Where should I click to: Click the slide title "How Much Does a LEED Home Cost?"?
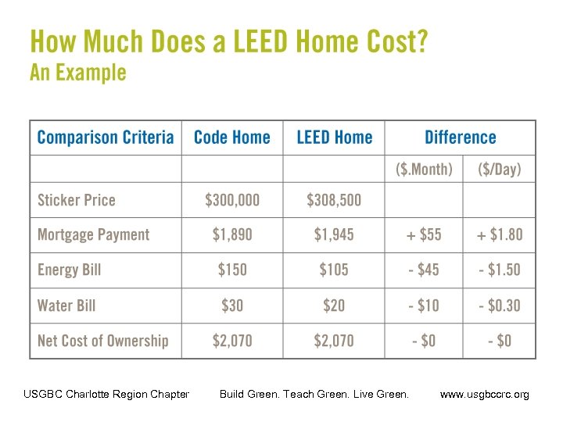click(x=228, y=41)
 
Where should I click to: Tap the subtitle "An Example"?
click(x=77, y=73)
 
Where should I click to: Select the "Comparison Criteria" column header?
click(x=106, y=138)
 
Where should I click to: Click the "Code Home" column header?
click(x=231, y=138)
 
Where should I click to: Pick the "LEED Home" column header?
click(x=334, y=138)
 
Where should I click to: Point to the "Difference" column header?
click(x=460, y=138)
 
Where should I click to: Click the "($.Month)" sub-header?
click(x=423, y=169)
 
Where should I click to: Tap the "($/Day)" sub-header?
click(x=500, y=169)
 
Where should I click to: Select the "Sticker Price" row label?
click(x=76, y=200)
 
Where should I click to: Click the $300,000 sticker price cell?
click(x=231, y=200)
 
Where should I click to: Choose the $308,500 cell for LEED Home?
click(x=334, y=200)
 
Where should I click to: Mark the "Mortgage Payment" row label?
click(x=93, y=234)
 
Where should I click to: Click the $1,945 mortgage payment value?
click(x=334, y=234)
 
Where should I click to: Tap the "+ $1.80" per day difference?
click(x=500, y=234)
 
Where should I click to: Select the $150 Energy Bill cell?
click(x=231, y=270)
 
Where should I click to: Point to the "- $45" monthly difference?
click(x=423, y=270)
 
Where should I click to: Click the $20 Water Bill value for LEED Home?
click(x=334, y=305)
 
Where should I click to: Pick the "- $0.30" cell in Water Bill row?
click(x=500, y=305)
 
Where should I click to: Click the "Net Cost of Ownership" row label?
click(x=102, y=341)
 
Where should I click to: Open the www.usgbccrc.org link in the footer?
click(x=484, y=395)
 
